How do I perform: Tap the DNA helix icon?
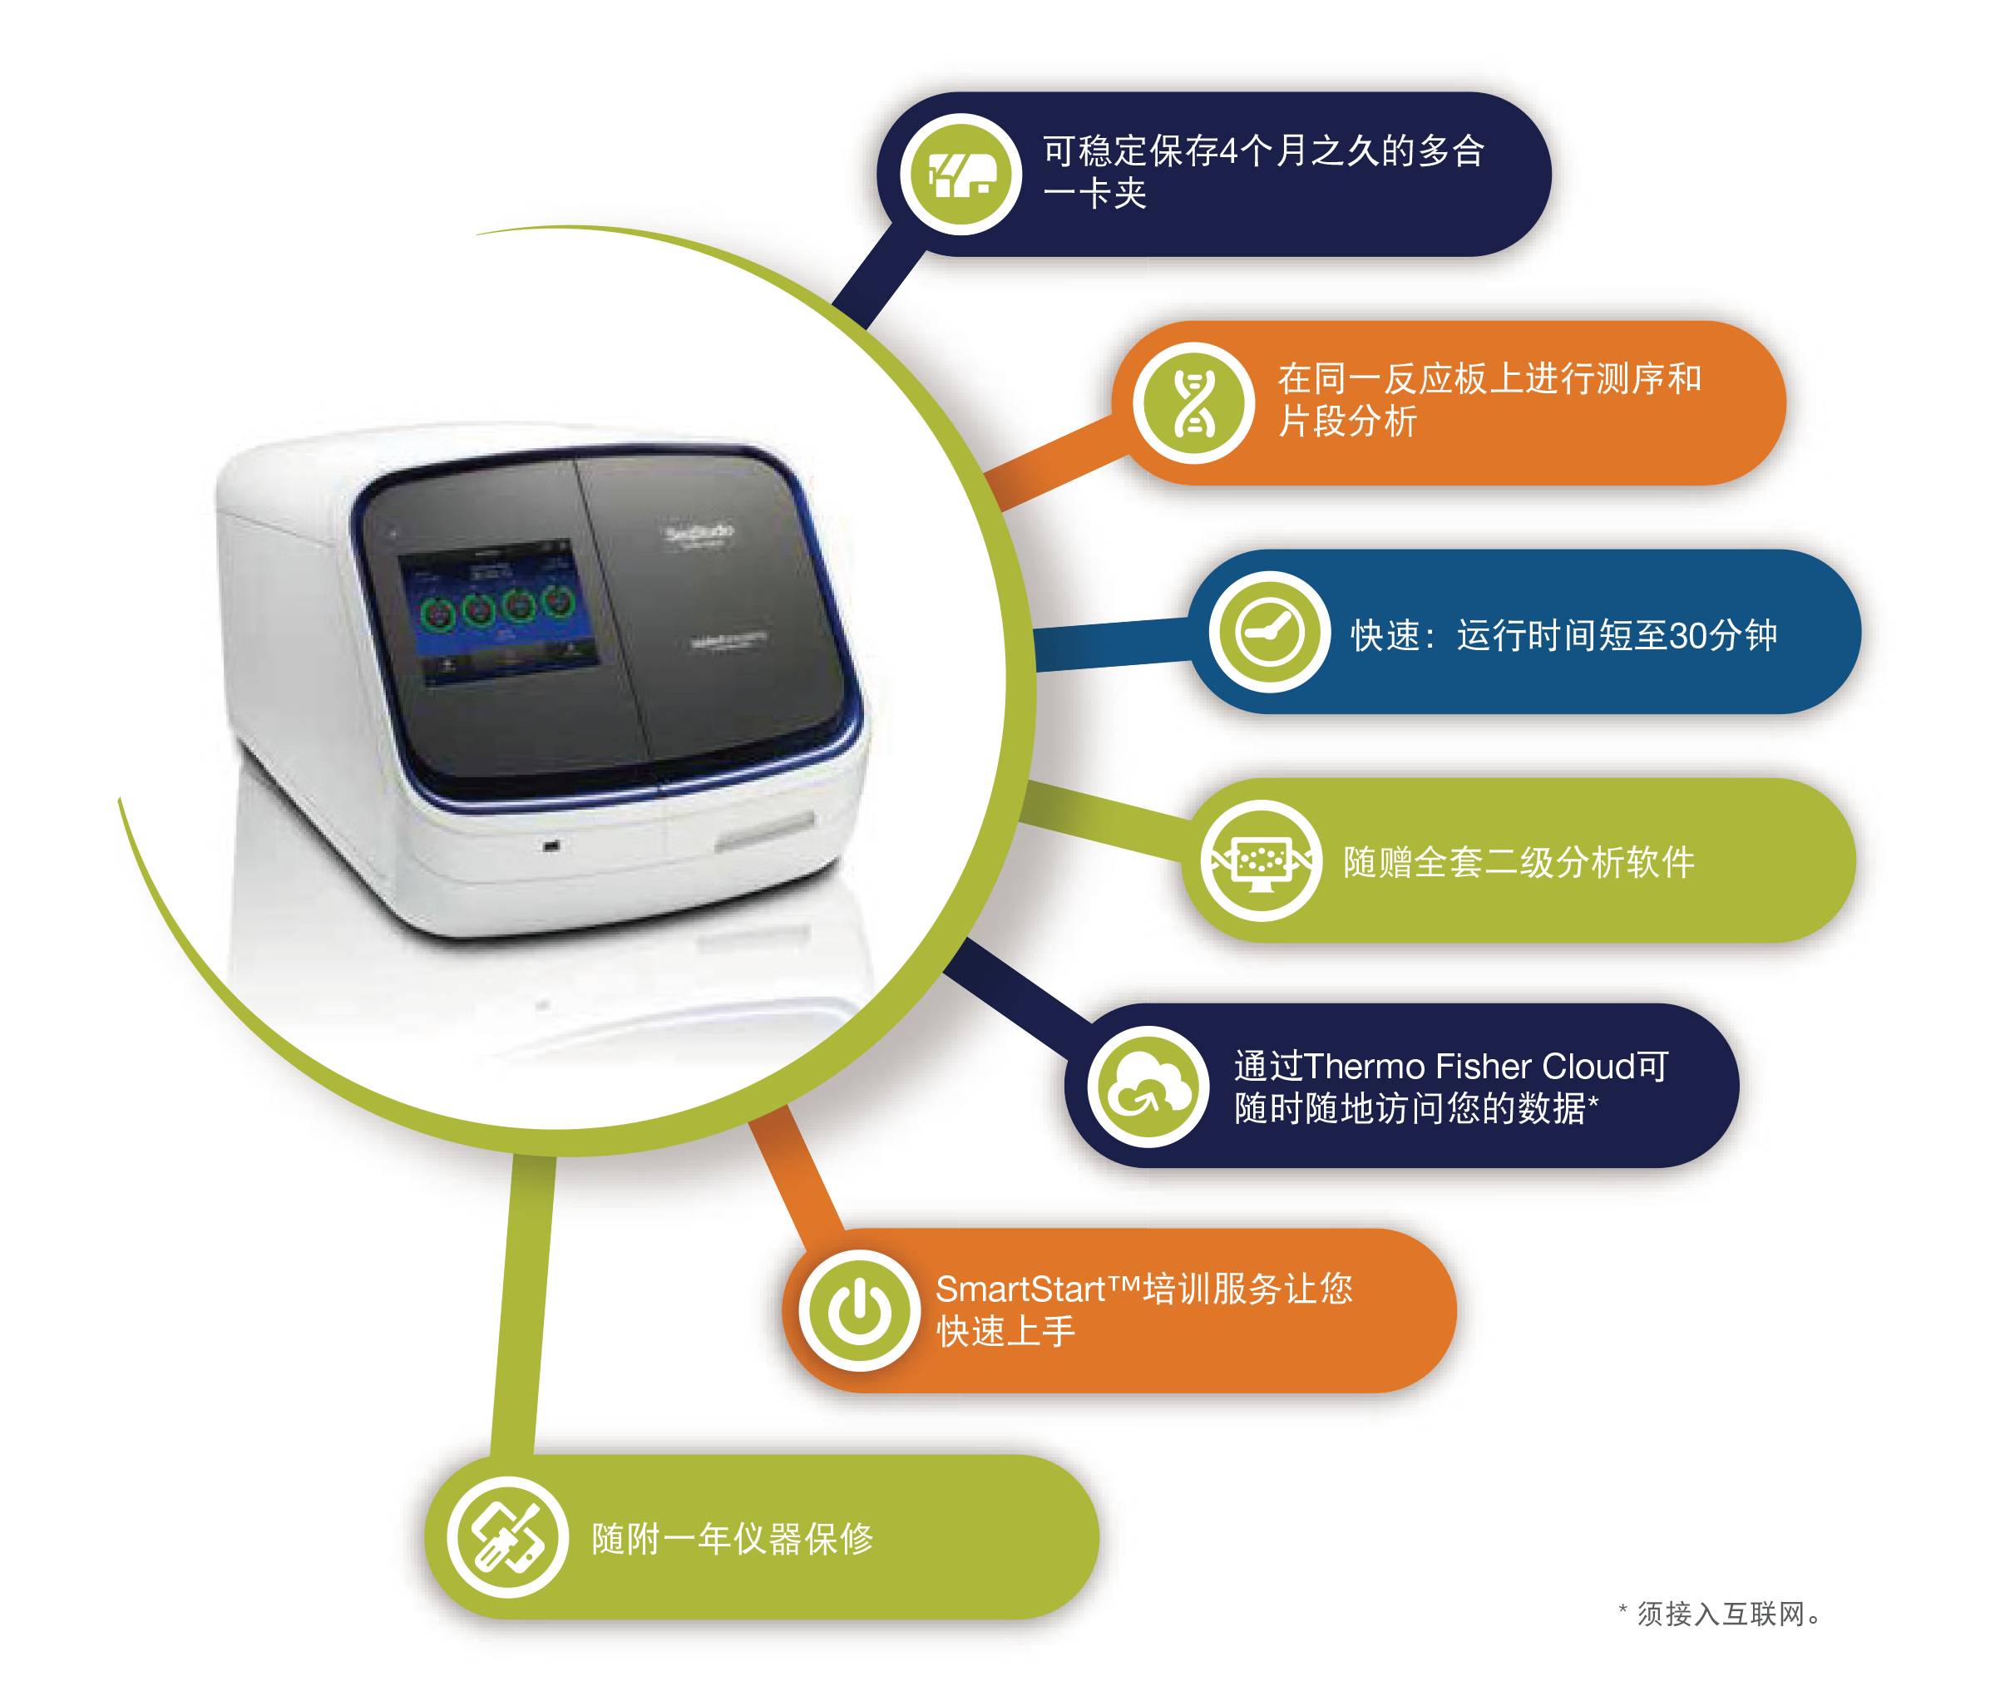point(1193,402)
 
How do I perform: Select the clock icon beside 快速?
point(1269,633)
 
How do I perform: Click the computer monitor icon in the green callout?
point(1260,861)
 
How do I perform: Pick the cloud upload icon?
point(1148,1086)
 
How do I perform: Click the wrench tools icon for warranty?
point(507,1537)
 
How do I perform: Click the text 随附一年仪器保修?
point(733,1539)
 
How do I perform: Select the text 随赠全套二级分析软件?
point(1519,862)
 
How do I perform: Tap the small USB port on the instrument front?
point(551,845)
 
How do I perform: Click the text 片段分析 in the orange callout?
point(1347,421)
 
